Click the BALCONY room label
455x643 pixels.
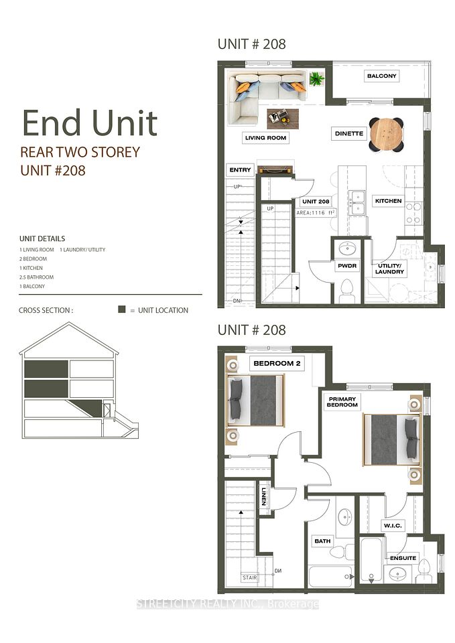pyautogui.click(x=381, y=76)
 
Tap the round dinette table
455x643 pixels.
pyautogui.click(x=386, y=134)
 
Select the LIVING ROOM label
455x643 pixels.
pyautogui.click(x=265, y=138)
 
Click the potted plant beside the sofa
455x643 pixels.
pyautogui.click(x=317, y=78)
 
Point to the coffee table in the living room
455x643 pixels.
pyautogui.click(x=283, y=119)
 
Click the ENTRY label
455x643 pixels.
pyautogui.click(x=240, y=169)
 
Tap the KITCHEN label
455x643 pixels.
pyautogui.click(x=388, y=201)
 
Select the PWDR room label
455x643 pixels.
pyautogui.click(x=347, y=266)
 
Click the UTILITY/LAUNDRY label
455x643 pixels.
pyautogui.click(x=389, y=269)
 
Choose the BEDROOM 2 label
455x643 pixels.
pyautogui.click(x=277, y=363)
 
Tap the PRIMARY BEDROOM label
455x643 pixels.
pyautogui.click(x=342, y=402)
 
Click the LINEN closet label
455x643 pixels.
pyautogui.click(x=264, y=496)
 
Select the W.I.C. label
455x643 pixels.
pyautogui.click(x=393, y=526)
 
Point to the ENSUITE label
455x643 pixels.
pyautogui.click(x=403, y=558)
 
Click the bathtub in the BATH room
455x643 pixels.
pyautogui.click(x=330, y=577)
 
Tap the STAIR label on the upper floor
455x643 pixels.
pyautogui.click(x=249, y=577)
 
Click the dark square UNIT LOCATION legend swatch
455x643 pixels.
pyautogui.click(x=121, y=309)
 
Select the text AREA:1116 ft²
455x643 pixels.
pyautogui.click(x=316, y=213)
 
